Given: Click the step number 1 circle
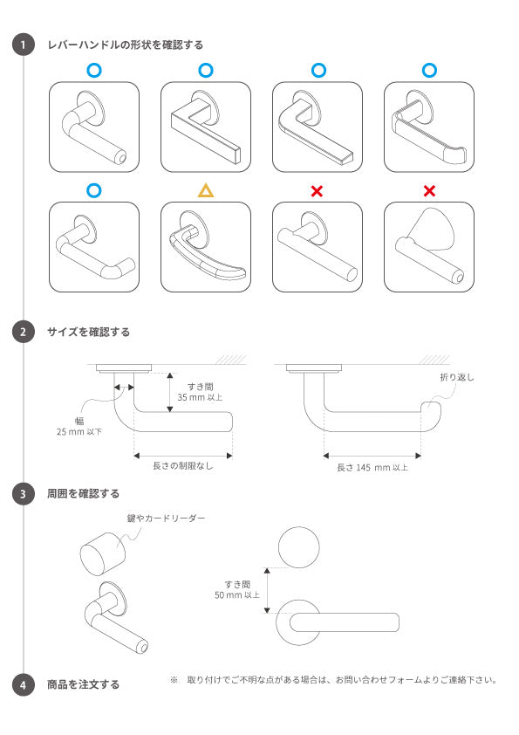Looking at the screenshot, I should pos(24,45).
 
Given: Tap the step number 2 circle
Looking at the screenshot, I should pos(24,332).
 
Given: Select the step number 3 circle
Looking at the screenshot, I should pos(24,494).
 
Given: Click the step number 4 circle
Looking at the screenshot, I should pos(24,684).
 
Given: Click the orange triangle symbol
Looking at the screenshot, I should pos(205,189).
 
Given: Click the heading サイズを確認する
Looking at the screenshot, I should pos(88,332).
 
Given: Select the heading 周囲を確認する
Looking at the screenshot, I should pos(83,494).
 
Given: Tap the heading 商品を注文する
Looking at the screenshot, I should pos(83,684).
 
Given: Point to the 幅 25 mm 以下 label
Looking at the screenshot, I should pos(79,425).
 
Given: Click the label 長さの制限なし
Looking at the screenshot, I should pos(182,466).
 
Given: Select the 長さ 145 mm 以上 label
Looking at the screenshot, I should pos(372,467).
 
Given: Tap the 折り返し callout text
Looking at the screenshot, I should pos(457,377).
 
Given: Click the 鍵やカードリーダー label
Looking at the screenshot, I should pos(173,519).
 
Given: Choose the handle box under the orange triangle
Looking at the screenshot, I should pos(205,247).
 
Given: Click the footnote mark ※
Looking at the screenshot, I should pos(174,679).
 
